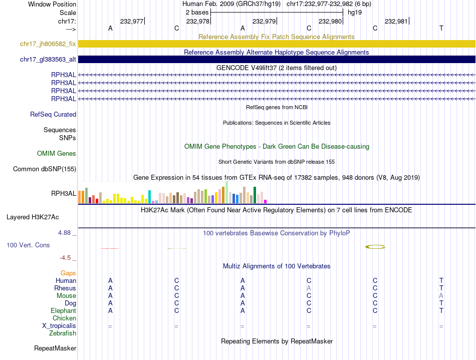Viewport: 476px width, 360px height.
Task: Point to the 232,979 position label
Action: (x=264, y=21)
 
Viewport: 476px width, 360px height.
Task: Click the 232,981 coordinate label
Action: (x=396, y=21)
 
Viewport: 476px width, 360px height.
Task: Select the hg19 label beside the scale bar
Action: (x=355, y=12)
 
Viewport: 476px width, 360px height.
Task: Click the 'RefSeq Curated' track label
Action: (x=53, y=115)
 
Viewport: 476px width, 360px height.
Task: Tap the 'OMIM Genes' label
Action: (x=57, y=154)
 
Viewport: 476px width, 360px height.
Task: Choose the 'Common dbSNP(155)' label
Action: (x=45, y=169)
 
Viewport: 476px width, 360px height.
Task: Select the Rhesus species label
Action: (x=65, y=288)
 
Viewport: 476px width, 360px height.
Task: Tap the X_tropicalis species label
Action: (x=59, y=326)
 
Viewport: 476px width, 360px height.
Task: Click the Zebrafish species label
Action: (x=63, y=333)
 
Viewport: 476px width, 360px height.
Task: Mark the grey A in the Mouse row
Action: (x=441, y=296)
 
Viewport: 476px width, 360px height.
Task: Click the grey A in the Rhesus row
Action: (x=309, y=288)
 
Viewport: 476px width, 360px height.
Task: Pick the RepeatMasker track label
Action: (x=55, y=348)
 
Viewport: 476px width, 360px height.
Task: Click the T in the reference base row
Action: (x=441, y=28)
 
